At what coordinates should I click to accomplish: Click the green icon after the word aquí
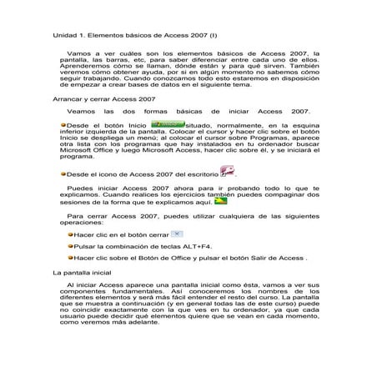point(220,202)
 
